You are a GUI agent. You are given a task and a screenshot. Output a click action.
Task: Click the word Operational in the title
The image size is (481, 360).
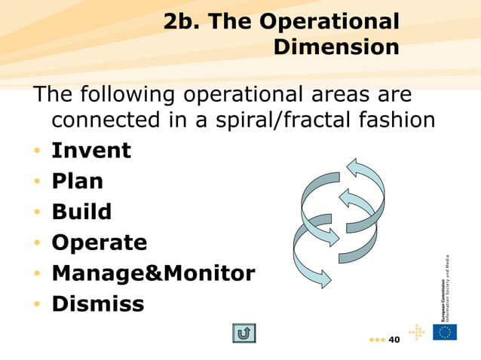[x=329, y=23]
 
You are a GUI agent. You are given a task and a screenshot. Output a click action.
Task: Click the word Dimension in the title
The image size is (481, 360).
[x=336, y=47]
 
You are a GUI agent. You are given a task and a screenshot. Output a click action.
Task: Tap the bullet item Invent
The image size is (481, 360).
[x=90, y=151]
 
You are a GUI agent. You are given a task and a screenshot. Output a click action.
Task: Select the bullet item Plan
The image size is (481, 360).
[x=77, y=182]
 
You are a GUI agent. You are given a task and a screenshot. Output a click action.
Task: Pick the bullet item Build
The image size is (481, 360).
[x=81, y=212]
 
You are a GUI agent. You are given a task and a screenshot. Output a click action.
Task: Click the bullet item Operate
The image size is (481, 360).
[x=99, y=243]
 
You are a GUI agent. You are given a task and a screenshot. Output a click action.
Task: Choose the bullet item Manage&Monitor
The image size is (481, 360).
[x=153, y=273]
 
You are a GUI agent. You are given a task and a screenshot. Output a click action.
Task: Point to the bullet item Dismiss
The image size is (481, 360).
[x=97, y=304]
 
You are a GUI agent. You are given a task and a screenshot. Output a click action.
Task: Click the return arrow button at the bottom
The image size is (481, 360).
[x=244, y=333]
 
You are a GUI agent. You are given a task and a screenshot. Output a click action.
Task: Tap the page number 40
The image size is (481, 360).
[x=394, y=340]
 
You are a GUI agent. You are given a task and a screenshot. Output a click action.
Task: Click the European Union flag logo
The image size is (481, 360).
[x=445, y=332]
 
